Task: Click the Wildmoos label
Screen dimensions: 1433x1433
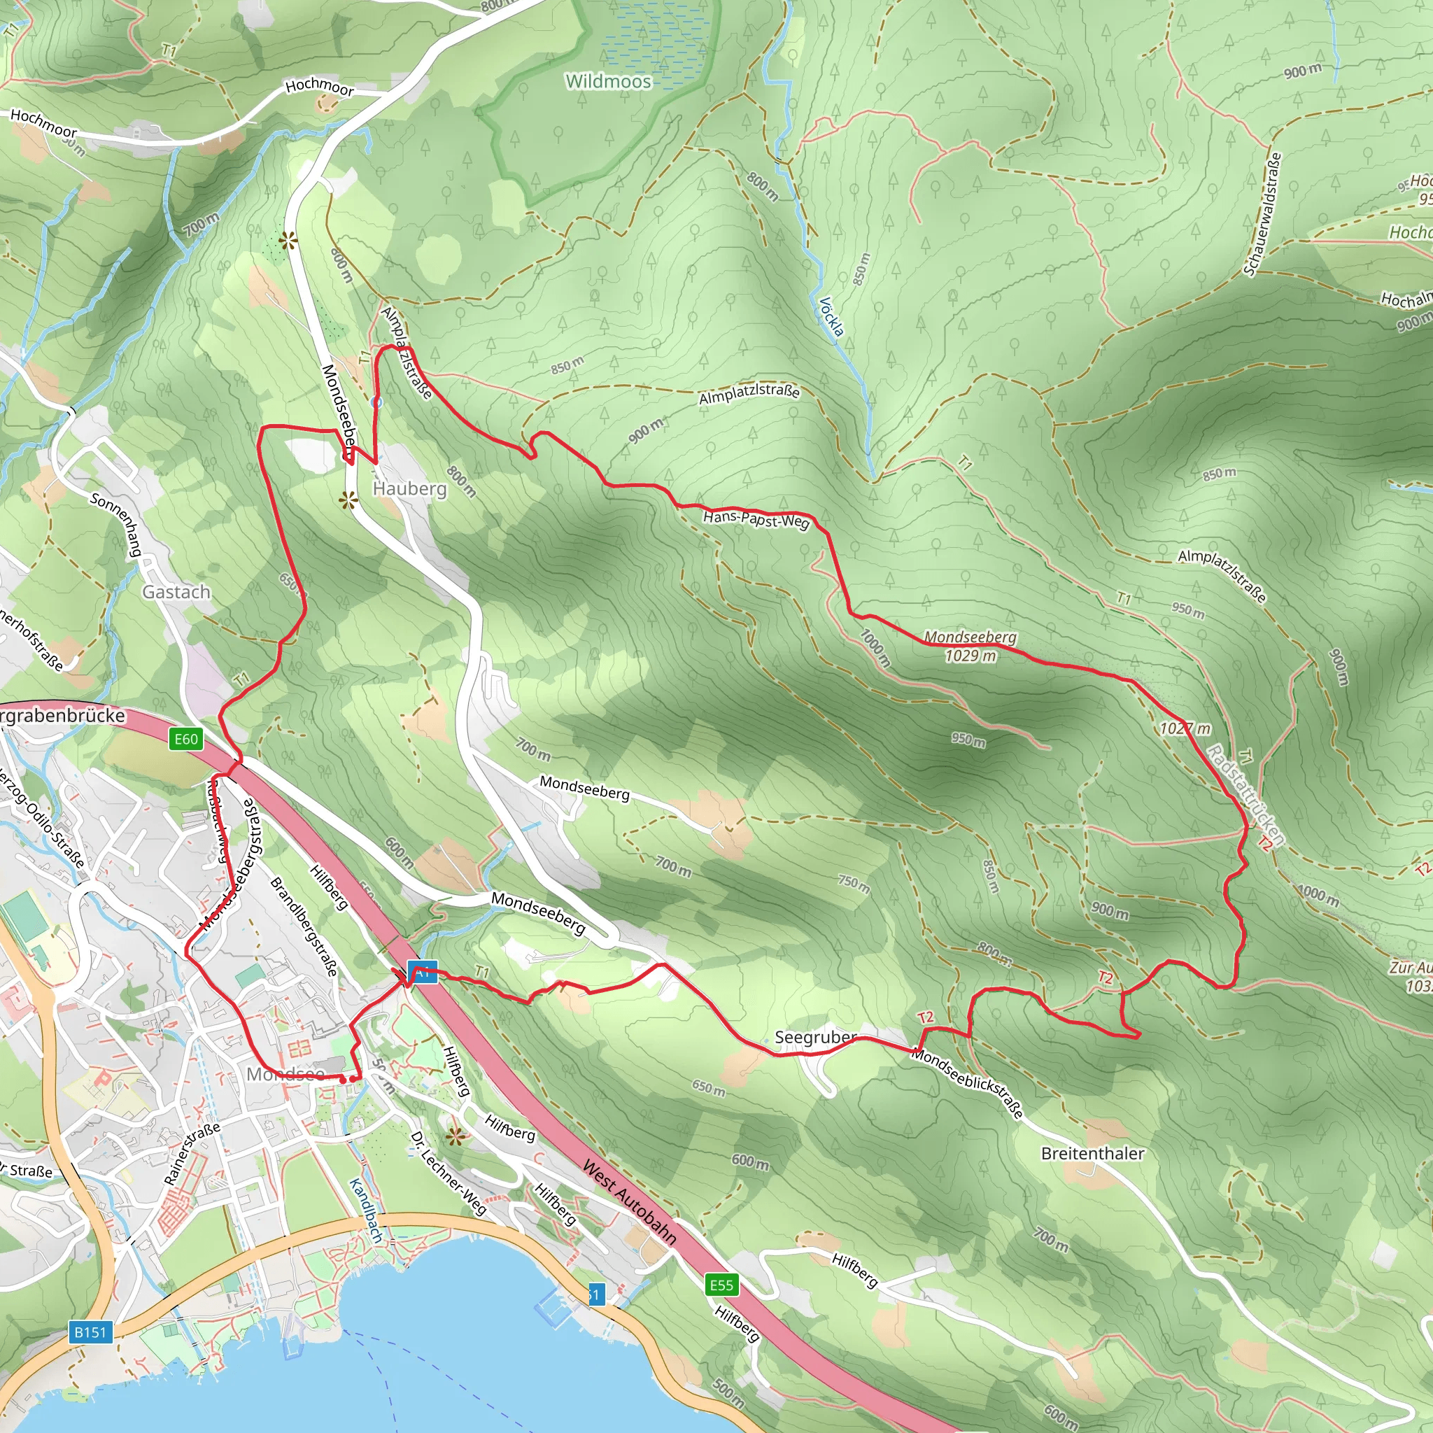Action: click(608, 82)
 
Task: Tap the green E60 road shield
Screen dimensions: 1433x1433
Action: click(185, 739)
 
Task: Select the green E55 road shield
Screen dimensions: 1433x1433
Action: click(721, 1285)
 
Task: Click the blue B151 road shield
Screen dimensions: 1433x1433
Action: click(90, 1332)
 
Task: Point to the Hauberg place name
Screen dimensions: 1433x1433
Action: click(409, 489)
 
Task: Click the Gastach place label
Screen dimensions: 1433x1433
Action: click(176, 592)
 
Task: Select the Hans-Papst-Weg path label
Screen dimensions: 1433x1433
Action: click(756, 519)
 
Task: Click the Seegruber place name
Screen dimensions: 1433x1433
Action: click(815, 1038)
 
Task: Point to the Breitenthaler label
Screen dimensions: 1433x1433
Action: click(1092, 1153)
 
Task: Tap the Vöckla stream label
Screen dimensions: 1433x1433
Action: click(832, 317)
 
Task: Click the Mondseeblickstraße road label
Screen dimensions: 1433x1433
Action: click(967, 1084)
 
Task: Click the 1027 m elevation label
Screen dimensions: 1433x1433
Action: click(1185, 729)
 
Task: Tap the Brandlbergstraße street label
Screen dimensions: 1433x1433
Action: click(304, 926)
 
